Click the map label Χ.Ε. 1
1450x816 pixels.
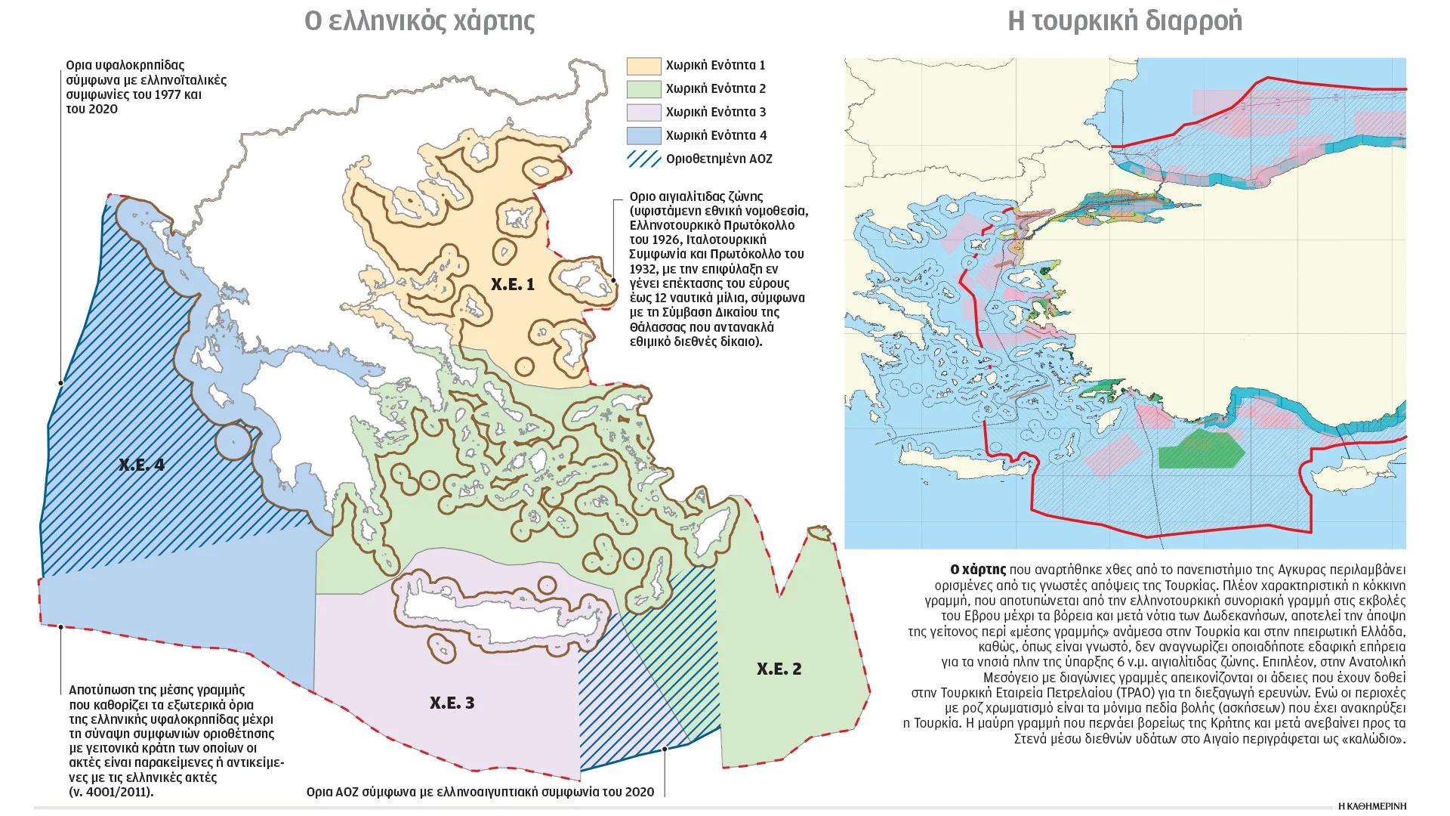coord(512,285)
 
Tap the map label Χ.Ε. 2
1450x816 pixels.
coord(779,669)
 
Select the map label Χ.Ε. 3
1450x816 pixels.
coord(452,703)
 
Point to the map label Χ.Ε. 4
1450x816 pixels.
coord(141,465)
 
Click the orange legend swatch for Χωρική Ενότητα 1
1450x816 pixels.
coord(643,66)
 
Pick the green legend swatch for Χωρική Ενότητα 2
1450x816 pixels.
coord(643,89)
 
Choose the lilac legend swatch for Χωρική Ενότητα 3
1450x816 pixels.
coord(643,113)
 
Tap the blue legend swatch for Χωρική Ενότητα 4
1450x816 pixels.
coord(643,136)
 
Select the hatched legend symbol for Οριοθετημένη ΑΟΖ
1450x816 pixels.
coord(643,159)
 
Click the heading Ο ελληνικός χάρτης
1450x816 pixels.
coord(419,21)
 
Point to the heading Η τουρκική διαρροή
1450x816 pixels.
coord(1125,21)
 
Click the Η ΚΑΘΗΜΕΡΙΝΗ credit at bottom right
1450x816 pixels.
coord(1371,806)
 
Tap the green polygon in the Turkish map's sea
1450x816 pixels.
coord(1201,449)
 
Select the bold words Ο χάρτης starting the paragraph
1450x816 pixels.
coord(978,570)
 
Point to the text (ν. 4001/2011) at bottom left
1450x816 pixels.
coord(111,792)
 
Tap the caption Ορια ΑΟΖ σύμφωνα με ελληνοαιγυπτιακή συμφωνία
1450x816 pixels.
coord(480,792)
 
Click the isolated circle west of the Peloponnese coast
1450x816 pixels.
coord(233,441)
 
